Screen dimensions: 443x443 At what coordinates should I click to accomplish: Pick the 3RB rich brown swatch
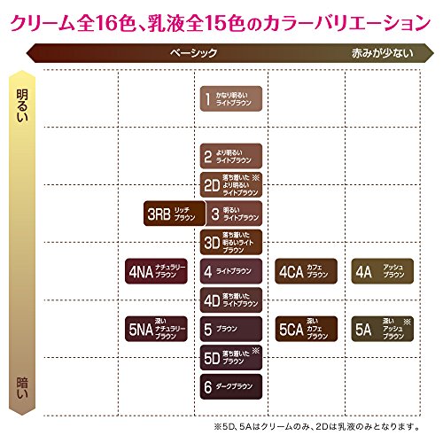171,214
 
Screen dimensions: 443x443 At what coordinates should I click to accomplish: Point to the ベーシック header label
193,53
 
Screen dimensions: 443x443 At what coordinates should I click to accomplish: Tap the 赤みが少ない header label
382,53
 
